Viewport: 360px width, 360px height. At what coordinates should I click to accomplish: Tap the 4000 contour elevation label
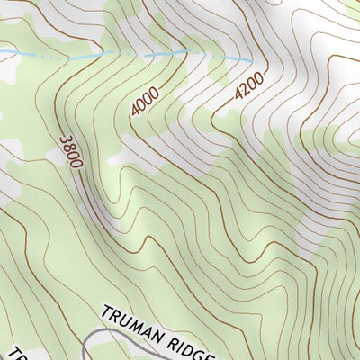144,102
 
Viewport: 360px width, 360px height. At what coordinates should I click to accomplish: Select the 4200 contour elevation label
249,87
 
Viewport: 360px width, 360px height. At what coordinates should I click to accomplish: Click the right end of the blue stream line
250,59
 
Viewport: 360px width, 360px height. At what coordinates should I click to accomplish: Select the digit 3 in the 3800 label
65,138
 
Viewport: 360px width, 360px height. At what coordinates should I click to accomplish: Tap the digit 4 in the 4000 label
135,111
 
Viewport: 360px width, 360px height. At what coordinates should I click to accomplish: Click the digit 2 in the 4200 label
246,90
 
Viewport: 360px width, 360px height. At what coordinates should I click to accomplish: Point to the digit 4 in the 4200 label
240,96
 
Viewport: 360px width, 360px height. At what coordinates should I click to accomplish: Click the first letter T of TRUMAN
105,313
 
